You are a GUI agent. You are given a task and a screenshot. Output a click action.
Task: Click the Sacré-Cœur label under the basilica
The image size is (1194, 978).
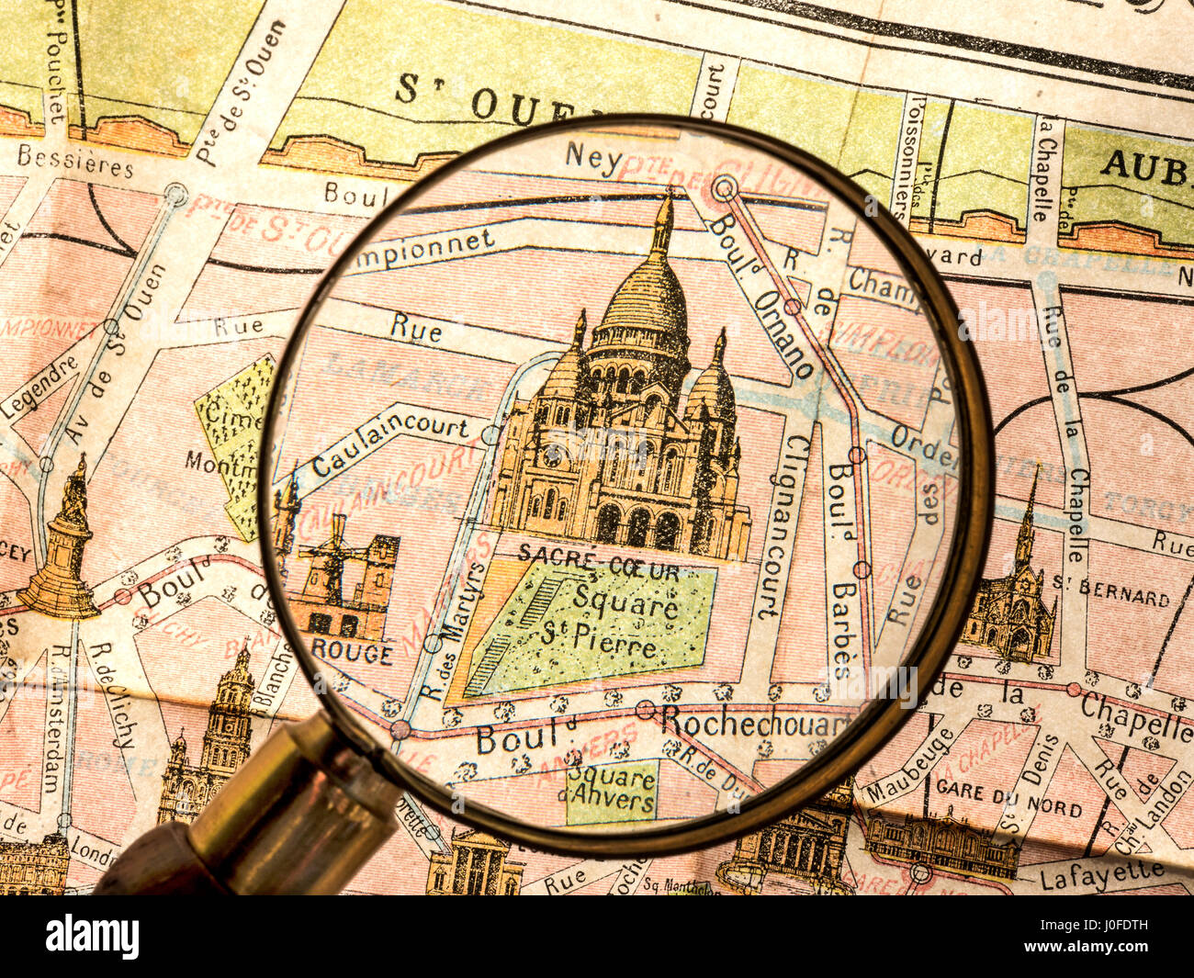[598, 553]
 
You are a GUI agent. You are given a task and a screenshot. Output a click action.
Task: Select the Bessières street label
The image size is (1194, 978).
[75, 161]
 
